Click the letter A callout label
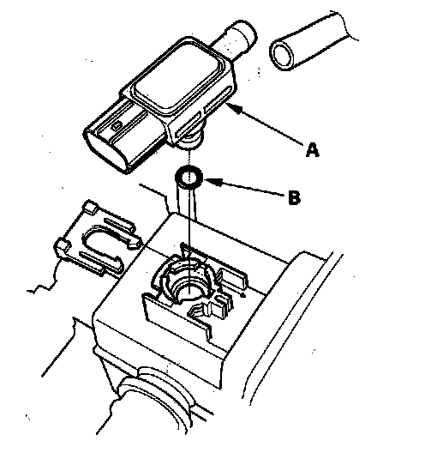pyautogui.click(x=312, y=149)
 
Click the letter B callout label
pyautogui.click(x=295, y=197)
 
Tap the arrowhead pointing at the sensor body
pyautogui.click(x=234, y=109)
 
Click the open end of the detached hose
pyautogui.click(x=283, y=55)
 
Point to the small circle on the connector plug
pyautogui.click(x=117, y=125)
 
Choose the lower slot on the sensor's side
pyautogui.click(x=187, y=124)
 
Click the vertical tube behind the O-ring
pyautogui.click(x=187, y=202)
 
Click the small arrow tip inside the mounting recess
pyautogui.click(x=244, y=295)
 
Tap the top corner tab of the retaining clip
pyautogui.click(x=91, y=207)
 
